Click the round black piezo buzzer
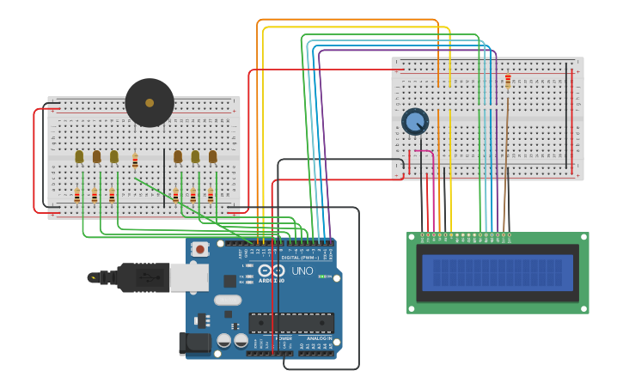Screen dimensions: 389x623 tap(150, 103)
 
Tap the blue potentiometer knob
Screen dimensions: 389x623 tap(415, 121)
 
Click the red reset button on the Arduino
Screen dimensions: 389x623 tap(200, 249)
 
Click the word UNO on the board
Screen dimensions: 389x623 tap(302, 271)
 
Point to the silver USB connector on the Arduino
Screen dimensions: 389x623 tap(188, 277)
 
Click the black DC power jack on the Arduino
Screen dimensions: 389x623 tap(195, 343)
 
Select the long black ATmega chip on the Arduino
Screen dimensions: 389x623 tap(291, 323)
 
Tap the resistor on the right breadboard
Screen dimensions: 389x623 tap(508, 82)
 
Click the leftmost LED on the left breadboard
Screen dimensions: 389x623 tap(79, 156)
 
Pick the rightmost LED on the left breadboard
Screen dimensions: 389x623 tap(212, 156)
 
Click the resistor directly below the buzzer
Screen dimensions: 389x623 tap(135, 160)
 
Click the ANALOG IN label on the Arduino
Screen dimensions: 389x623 tap(319, 338)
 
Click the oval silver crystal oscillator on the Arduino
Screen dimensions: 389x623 tap(228, 300)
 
